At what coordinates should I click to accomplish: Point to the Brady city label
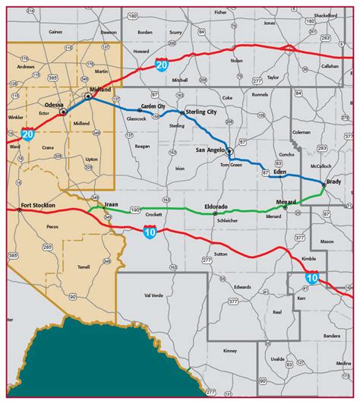(333, 181)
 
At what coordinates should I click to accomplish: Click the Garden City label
(153, 106)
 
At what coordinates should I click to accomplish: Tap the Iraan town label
(112, 204)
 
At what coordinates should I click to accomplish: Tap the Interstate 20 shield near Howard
(162, 66)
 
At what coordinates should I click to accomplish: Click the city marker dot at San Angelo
(229, 151)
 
